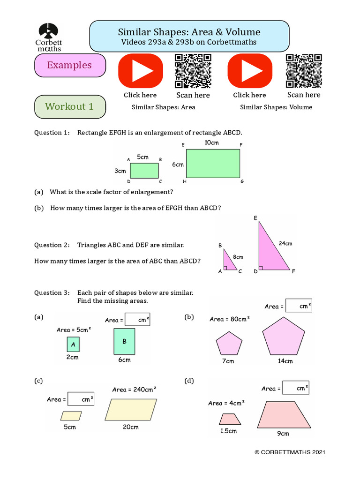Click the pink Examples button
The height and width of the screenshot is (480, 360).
(70, 65)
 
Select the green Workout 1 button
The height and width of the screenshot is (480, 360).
(70, 107)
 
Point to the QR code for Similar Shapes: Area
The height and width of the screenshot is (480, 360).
(193, 71)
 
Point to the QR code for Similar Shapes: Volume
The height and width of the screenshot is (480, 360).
(304, 71)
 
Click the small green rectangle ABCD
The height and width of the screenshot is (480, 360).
(144, 171)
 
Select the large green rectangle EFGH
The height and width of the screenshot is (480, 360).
(213, 164)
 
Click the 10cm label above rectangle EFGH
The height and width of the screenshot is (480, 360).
(211, 142)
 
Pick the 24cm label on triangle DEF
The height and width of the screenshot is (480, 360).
(285, 243)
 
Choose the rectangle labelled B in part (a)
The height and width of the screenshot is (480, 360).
(124, 341)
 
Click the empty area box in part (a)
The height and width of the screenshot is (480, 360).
(137, 320)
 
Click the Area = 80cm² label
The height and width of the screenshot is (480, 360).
(230, 319)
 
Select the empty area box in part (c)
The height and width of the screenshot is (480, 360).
(81, 399)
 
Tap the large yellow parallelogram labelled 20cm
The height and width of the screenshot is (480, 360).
(131, 410)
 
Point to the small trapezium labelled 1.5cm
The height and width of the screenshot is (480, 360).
(229, 419)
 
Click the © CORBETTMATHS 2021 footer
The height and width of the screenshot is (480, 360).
(289, 452)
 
